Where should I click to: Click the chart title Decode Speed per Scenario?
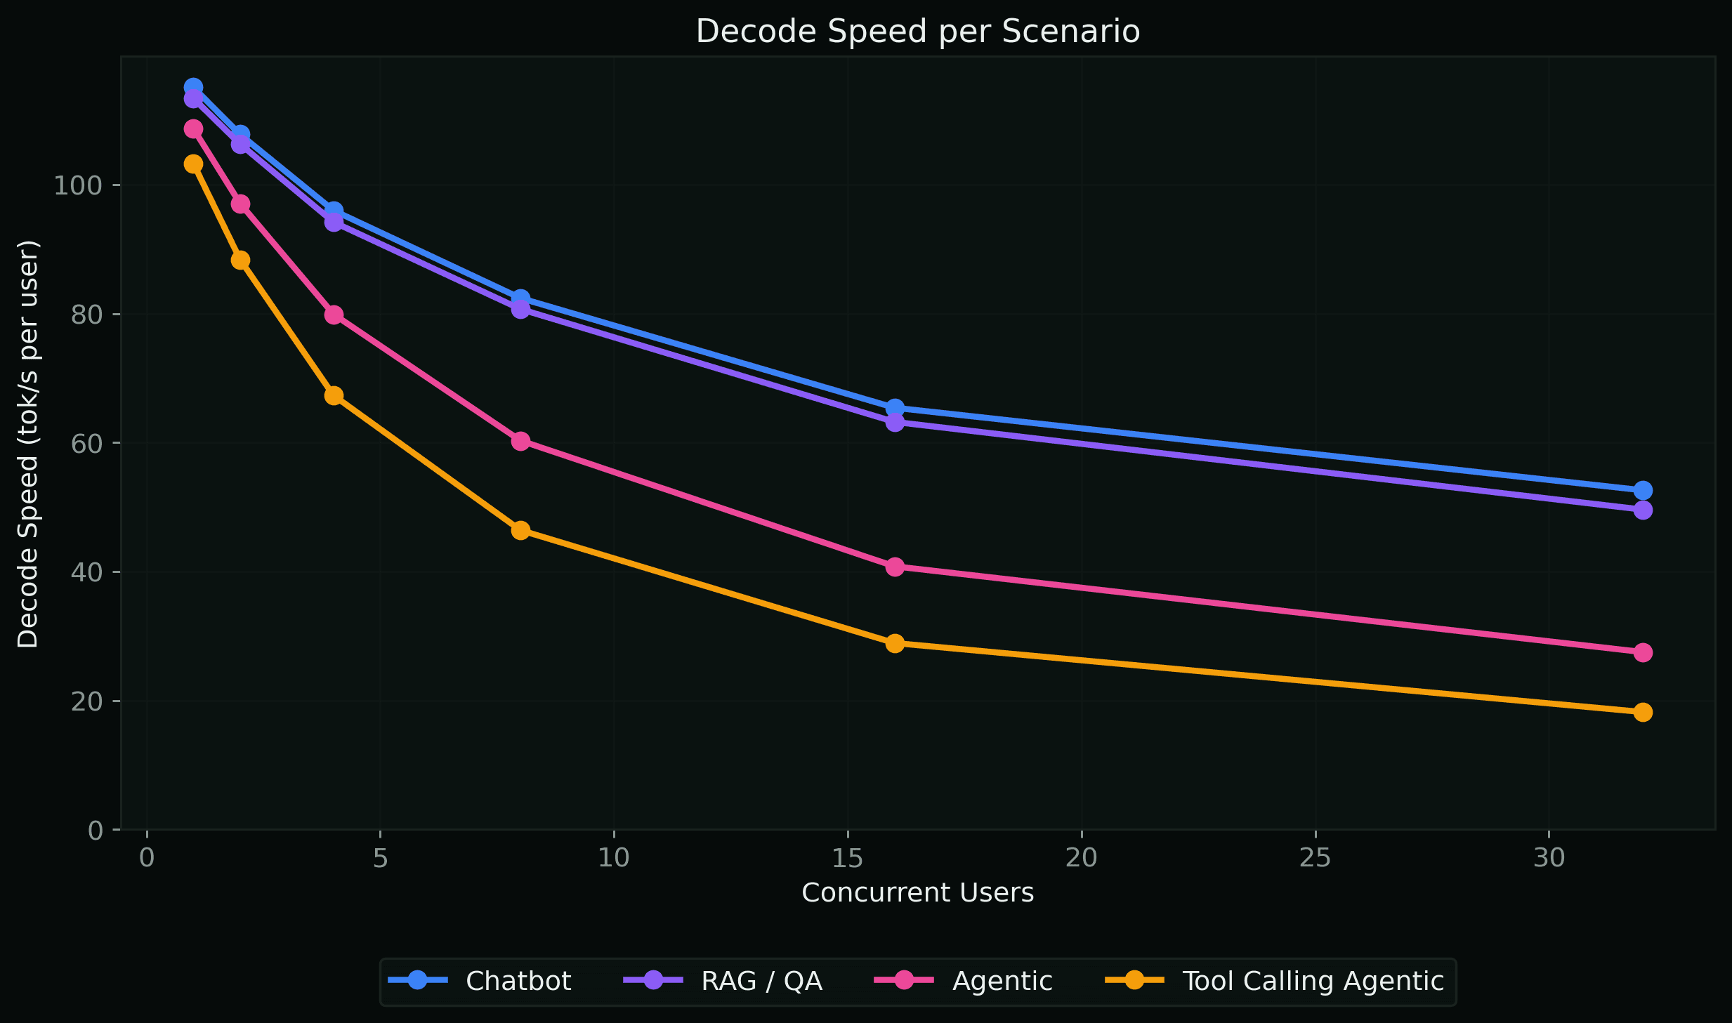tap(917, 32)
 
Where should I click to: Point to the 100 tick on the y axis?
tap(77, 186)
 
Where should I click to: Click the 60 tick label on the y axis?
tap(86, 444)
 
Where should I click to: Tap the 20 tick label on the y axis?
tap(86, 701)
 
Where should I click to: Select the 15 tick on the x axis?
tap(848, 858)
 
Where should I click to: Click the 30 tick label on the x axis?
tap(1549, 858)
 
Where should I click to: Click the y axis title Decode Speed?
tap(28, 444)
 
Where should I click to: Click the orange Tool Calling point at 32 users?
tap(1643, 712)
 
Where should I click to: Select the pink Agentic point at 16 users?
tap(895, 567)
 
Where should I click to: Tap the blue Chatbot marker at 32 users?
tap(1643, 490)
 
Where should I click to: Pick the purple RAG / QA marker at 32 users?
tap(1643, 510)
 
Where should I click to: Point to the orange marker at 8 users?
tap(520, 530)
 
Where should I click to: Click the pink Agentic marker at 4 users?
tap(334, 315)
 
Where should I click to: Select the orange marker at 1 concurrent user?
tap(193, 164)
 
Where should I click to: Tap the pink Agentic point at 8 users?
tap(520, 441)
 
